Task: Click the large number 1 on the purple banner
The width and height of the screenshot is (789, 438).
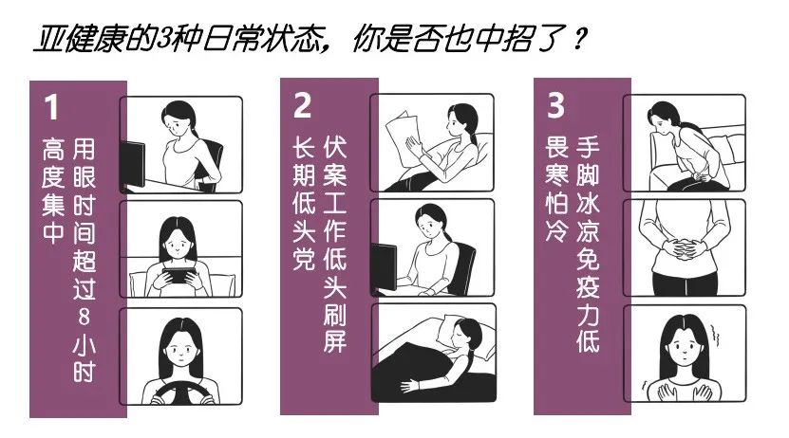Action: click(51, 107)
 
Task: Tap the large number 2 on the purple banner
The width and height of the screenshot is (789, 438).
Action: click(303, 104)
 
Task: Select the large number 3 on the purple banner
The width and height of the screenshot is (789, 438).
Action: click(555, 104)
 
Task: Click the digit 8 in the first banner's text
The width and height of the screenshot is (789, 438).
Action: click(85, 317)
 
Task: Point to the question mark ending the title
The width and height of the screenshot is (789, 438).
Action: click(579, 39)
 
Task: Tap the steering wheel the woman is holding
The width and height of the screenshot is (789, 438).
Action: click(179, 392)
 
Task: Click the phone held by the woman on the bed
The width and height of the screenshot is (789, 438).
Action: click(178, 275)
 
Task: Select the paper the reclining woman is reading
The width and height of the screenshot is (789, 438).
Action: click(404, 139)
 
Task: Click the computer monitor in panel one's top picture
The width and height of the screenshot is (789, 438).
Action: click(132, 165)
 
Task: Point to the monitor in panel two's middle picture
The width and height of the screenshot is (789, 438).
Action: click(383, 266)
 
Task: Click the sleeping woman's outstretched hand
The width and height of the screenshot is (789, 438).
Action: click(410, 385)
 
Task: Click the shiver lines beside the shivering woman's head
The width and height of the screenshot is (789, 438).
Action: click(715, 335)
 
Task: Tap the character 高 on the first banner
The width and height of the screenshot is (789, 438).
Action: click(53, 149)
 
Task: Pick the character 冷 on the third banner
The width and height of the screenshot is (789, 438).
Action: click(556, 230)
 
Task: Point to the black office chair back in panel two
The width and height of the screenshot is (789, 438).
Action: click(463, 268)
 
